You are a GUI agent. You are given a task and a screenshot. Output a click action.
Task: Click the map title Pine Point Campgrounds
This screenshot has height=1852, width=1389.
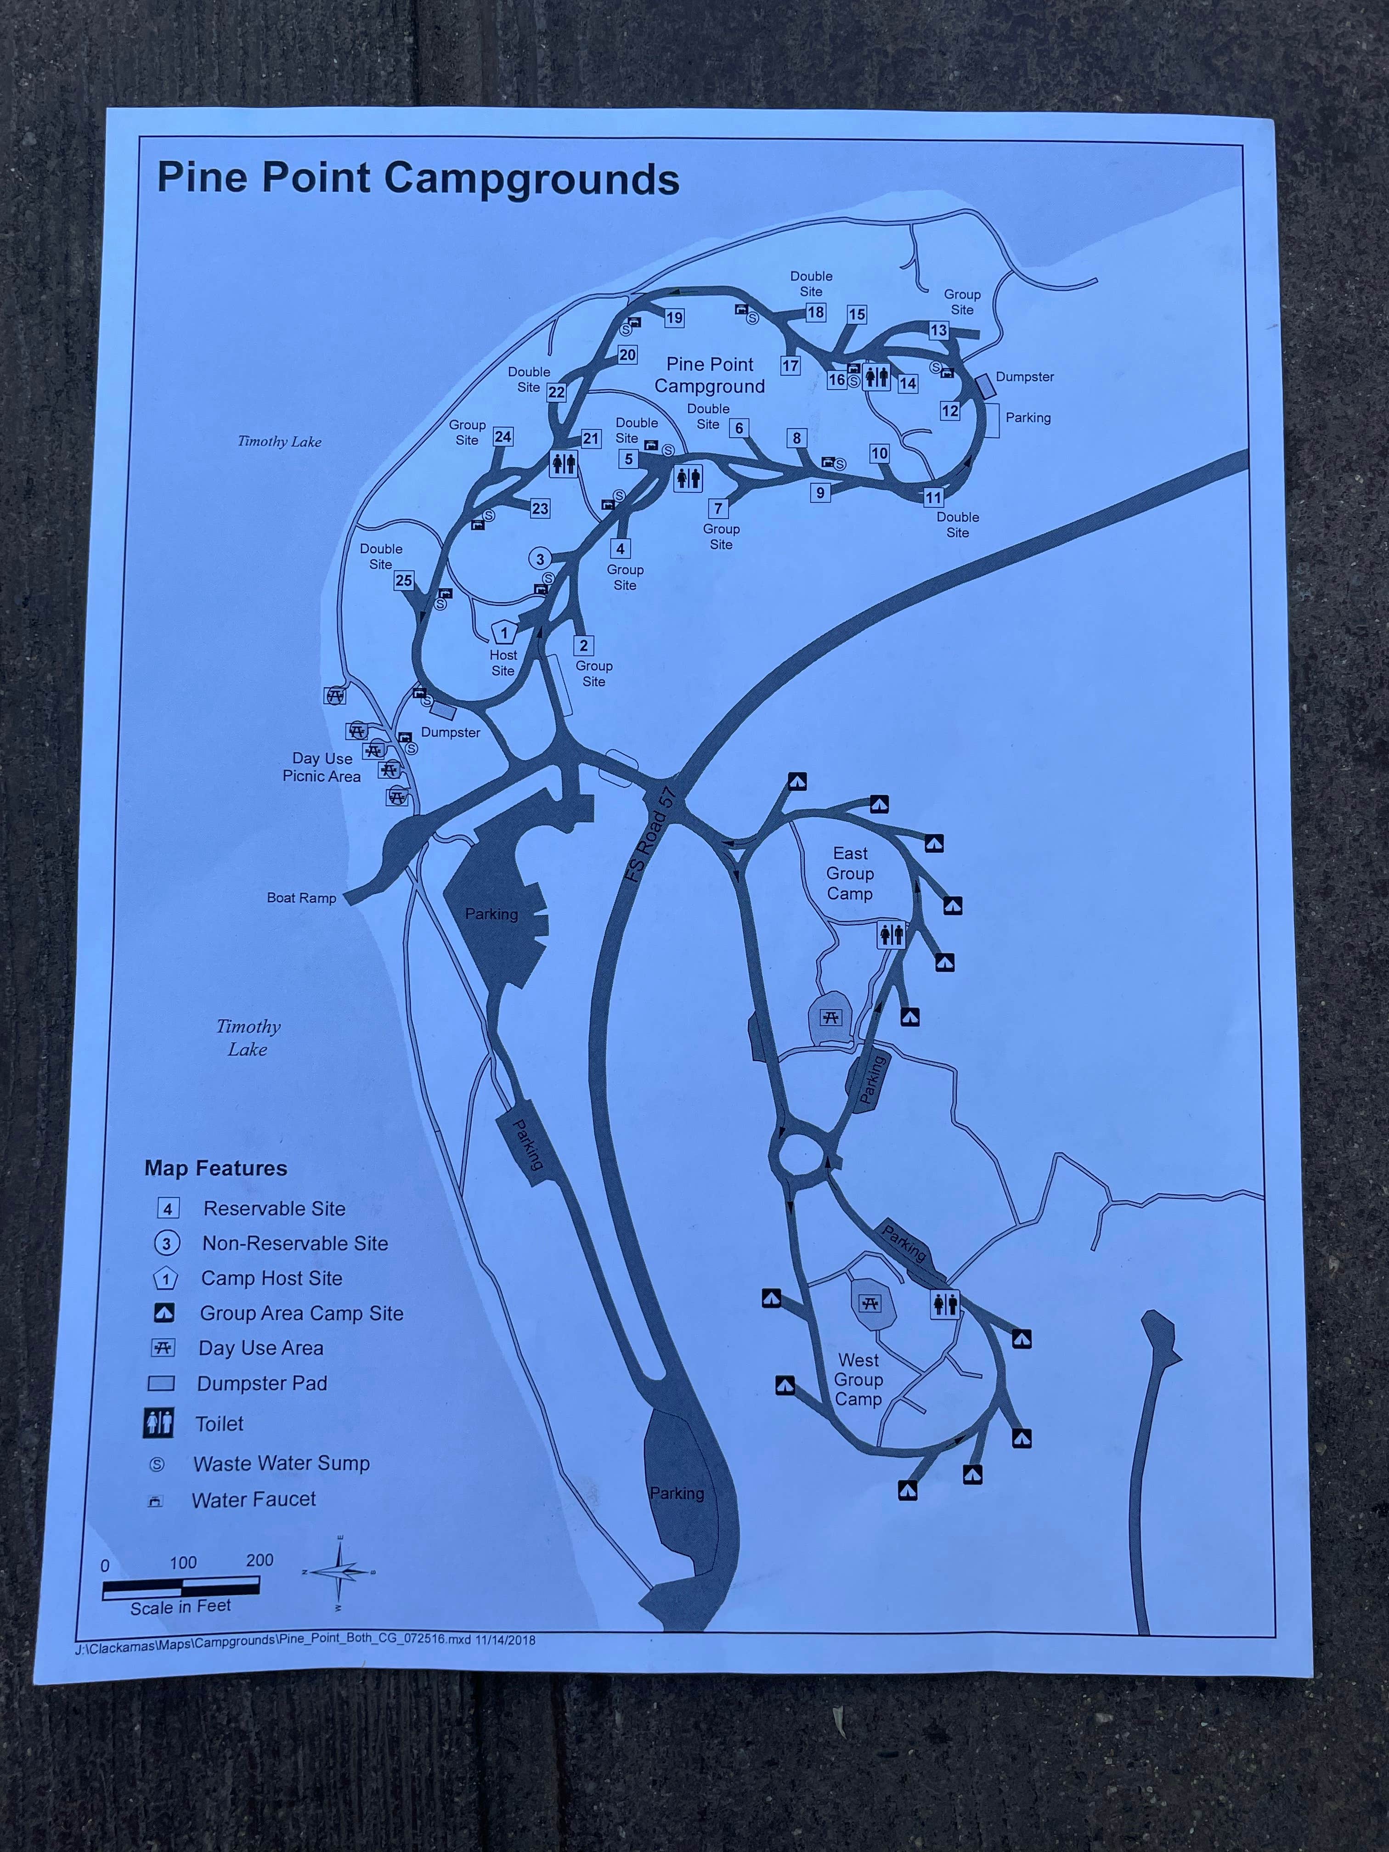[x=418, y=178]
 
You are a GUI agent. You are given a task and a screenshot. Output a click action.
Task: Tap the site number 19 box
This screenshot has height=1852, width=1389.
[x=674, y=318]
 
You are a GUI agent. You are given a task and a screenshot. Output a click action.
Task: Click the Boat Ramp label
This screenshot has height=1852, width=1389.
[x=301, y=898]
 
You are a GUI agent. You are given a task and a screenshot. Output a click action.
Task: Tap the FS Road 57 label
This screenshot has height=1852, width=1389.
[x=650, y=833]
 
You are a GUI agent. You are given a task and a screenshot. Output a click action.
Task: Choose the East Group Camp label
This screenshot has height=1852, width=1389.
[x=850, y=873]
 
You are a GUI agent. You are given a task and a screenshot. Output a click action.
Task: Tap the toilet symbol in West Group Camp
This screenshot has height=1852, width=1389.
[x=945, y=1304]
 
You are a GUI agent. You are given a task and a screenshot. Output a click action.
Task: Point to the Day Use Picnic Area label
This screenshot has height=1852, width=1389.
[x=322, y=767]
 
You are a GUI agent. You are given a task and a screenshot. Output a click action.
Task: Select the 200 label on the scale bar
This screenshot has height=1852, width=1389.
[x=260, y=1560]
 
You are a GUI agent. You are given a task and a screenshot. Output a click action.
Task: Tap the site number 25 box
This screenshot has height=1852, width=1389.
[x=404, y=580]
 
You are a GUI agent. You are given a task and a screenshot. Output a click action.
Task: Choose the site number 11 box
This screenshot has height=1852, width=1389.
[x=933, y=497]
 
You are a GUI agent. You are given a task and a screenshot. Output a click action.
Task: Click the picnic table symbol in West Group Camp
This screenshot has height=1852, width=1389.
[x=871, y=1304]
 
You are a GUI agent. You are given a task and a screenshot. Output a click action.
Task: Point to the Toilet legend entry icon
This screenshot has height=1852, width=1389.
[x=159, y=1423]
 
